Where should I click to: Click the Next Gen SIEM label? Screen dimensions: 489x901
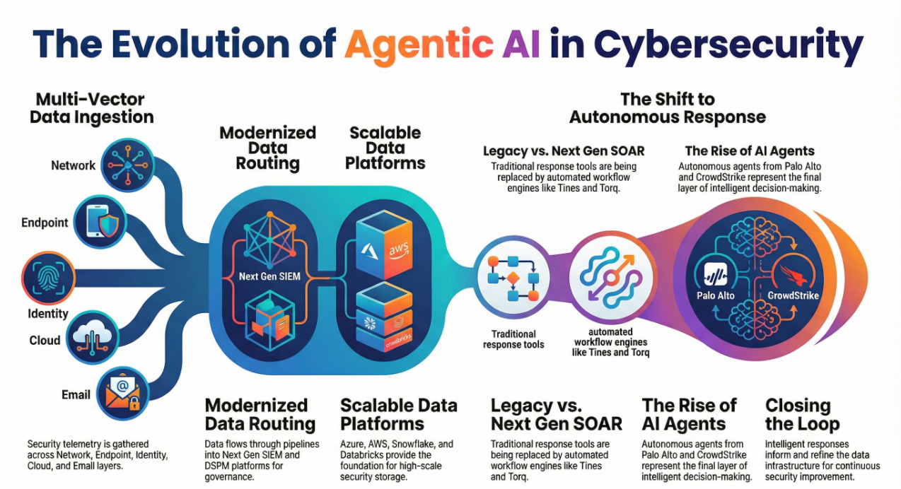(x=269, y=277)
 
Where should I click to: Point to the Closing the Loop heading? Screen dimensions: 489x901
(x=798, y=415)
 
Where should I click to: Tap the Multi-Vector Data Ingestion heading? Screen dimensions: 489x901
(x=92, y=107)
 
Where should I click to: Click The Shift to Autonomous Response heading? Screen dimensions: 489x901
(x=668, y=107)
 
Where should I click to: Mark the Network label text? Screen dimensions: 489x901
(x=73, y=165)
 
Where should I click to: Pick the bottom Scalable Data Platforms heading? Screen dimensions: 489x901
(x=399, y=415)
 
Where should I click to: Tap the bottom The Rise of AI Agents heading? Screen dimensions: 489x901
(x=689, y=415)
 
